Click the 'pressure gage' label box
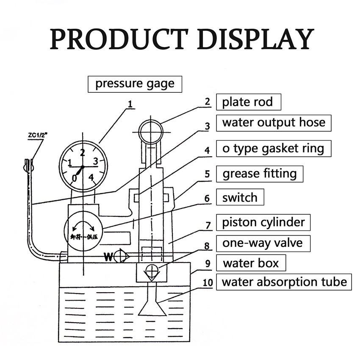pos(135,83)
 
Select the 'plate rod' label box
pos(248,102)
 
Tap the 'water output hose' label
pos(274,123)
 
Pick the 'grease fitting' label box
pos(260,174)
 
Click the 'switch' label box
pos(240,197)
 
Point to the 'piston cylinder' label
pos(263,222)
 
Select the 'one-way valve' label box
pos(262,243)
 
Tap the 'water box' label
pos(251,263)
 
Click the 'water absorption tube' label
pos(284,282)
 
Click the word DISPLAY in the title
pos(256,39)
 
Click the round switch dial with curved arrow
pos(83,232)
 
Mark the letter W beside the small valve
pos(109,257)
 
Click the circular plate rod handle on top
pos(150,131)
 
